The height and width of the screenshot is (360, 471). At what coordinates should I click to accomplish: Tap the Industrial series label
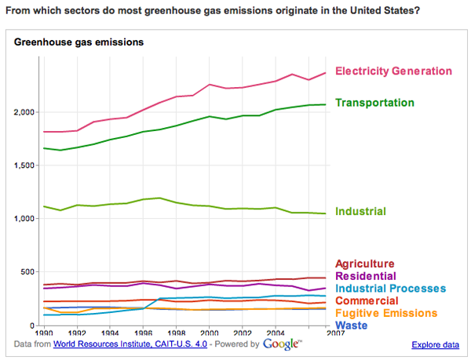361,212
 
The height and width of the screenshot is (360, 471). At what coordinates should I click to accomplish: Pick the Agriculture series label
364,264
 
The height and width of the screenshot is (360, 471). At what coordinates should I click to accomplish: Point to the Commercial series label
367,300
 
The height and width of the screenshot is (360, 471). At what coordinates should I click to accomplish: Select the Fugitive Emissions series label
385,313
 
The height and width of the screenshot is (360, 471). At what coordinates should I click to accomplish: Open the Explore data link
435,344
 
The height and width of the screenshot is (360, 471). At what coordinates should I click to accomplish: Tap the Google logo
282,344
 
